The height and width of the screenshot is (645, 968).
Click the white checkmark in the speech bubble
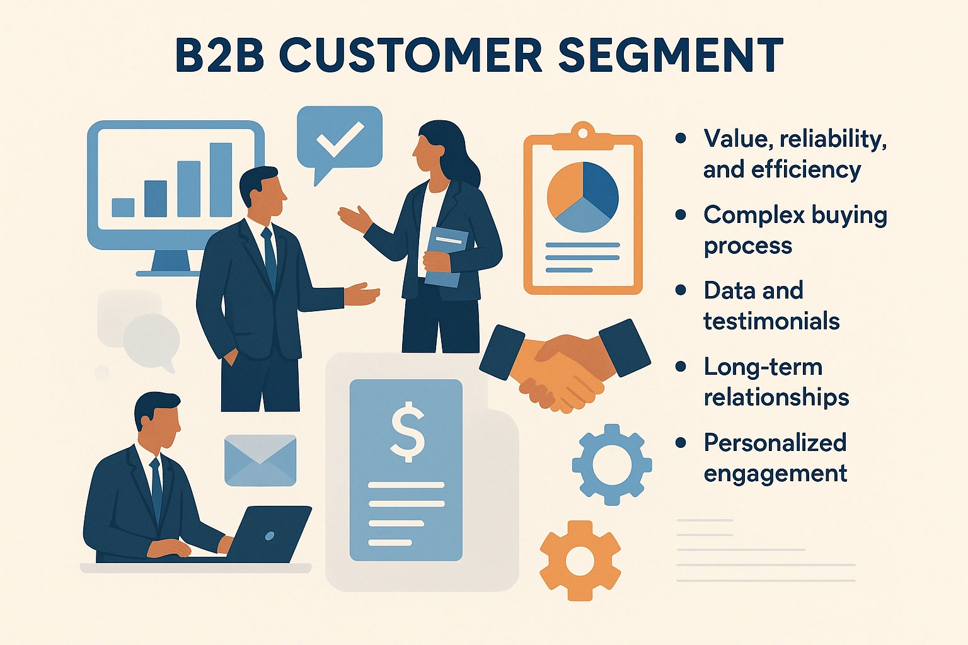(340, 139)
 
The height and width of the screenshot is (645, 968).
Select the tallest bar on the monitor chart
(221, 180)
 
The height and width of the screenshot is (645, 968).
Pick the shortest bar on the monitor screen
(123, 207)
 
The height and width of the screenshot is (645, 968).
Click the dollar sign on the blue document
(406, 431)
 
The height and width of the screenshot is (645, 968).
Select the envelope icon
(260, 460)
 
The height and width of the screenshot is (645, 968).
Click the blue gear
(611, 465)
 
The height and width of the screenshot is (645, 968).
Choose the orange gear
(580, 560)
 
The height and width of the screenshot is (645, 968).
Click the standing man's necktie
(270, 255)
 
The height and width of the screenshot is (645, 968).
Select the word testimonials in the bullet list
(771, 321)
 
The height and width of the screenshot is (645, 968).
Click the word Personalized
(775, 443)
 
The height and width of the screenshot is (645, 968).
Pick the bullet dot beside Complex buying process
(681, 215)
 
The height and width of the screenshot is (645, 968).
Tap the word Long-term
(763, 367)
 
